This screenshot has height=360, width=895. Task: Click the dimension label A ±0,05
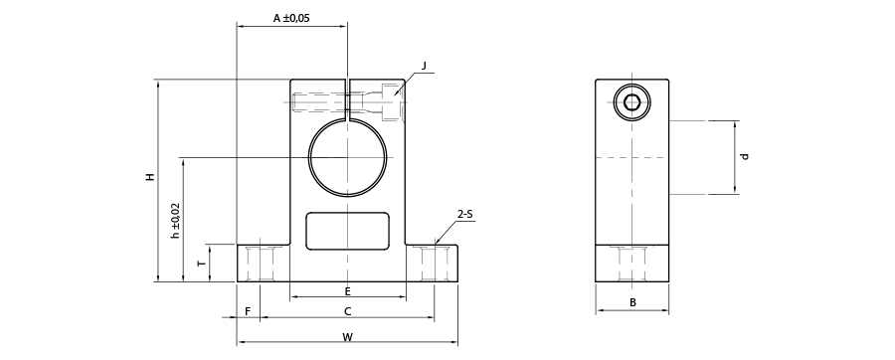291,18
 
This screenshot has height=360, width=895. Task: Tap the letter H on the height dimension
149,177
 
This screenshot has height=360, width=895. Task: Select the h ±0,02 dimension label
176,220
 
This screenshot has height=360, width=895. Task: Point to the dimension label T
201,264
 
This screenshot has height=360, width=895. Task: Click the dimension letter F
248,311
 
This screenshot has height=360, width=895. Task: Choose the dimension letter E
348,291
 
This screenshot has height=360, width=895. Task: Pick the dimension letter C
348,311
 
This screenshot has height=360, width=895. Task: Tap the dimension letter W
348,337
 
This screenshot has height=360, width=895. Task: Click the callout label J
424,66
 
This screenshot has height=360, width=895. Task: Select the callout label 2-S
465,215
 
